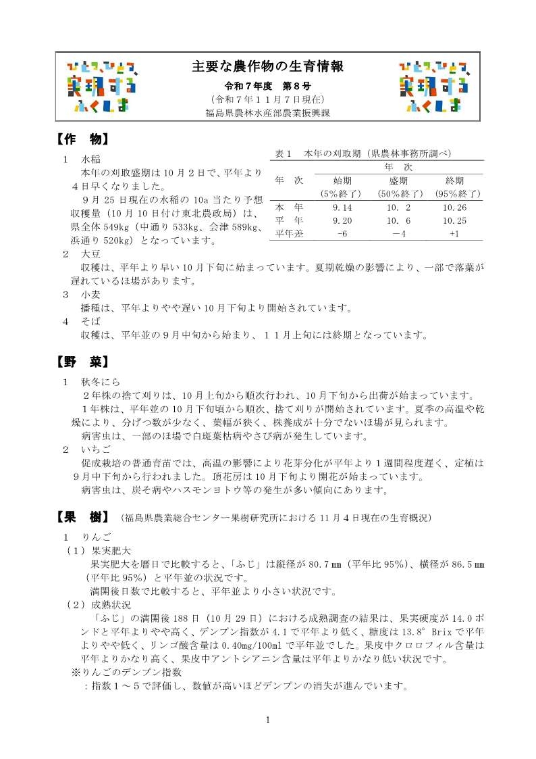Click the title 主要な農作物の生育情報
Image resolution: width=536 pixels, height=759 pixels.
click(x=268, y=66)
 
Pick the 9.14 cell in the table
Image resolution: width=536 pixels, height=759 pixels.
click(x=342, y=207)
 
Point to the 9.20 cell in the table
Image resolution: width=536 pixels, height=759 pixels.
click(x=342, y=220)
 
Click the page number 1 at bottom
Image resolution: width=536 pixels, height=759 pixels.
click(x=268, y=719)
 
